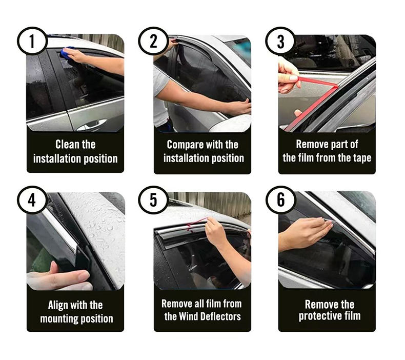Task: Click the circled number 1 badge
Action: click(x=32, y=41)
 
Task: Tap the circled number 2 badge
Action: click(x=153, y=41)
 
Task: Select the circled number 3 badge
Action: click(x=280, y=42)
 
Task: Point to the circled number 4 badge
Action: click(x=32, y=200)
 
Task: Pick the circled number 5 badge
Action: click(x=153, y=200)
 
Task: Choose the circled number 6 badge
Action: click(x=280, y=200)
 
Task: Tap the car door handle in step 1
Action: click(x=92, y=125)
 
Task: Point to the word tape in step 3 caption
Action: click(x=361, y=158)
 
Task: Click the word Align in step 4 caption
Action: click(x=56, y=305)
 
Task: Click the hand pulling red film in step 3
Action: click(x=289, y=76)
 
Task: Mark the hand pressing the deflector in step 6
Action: click(x=305, y=233)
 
